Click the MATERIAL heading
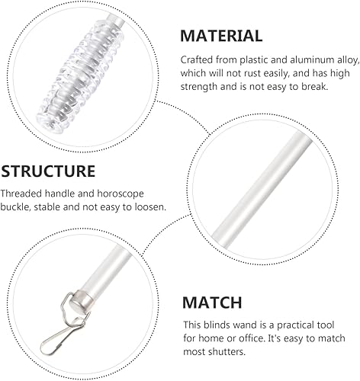coord(221,36)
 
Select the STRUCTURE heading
coord(48,171)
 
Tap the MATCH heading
coord(212,303)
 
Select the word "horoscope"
coord(121,194)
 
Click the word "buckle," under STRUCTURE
coord(15,207)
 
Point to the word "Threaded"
coord(21,194)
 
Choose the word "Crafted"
coord(197,60)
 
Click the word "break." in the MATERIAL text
coord(315,87)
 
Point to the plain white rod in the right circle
coord(262,189)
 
